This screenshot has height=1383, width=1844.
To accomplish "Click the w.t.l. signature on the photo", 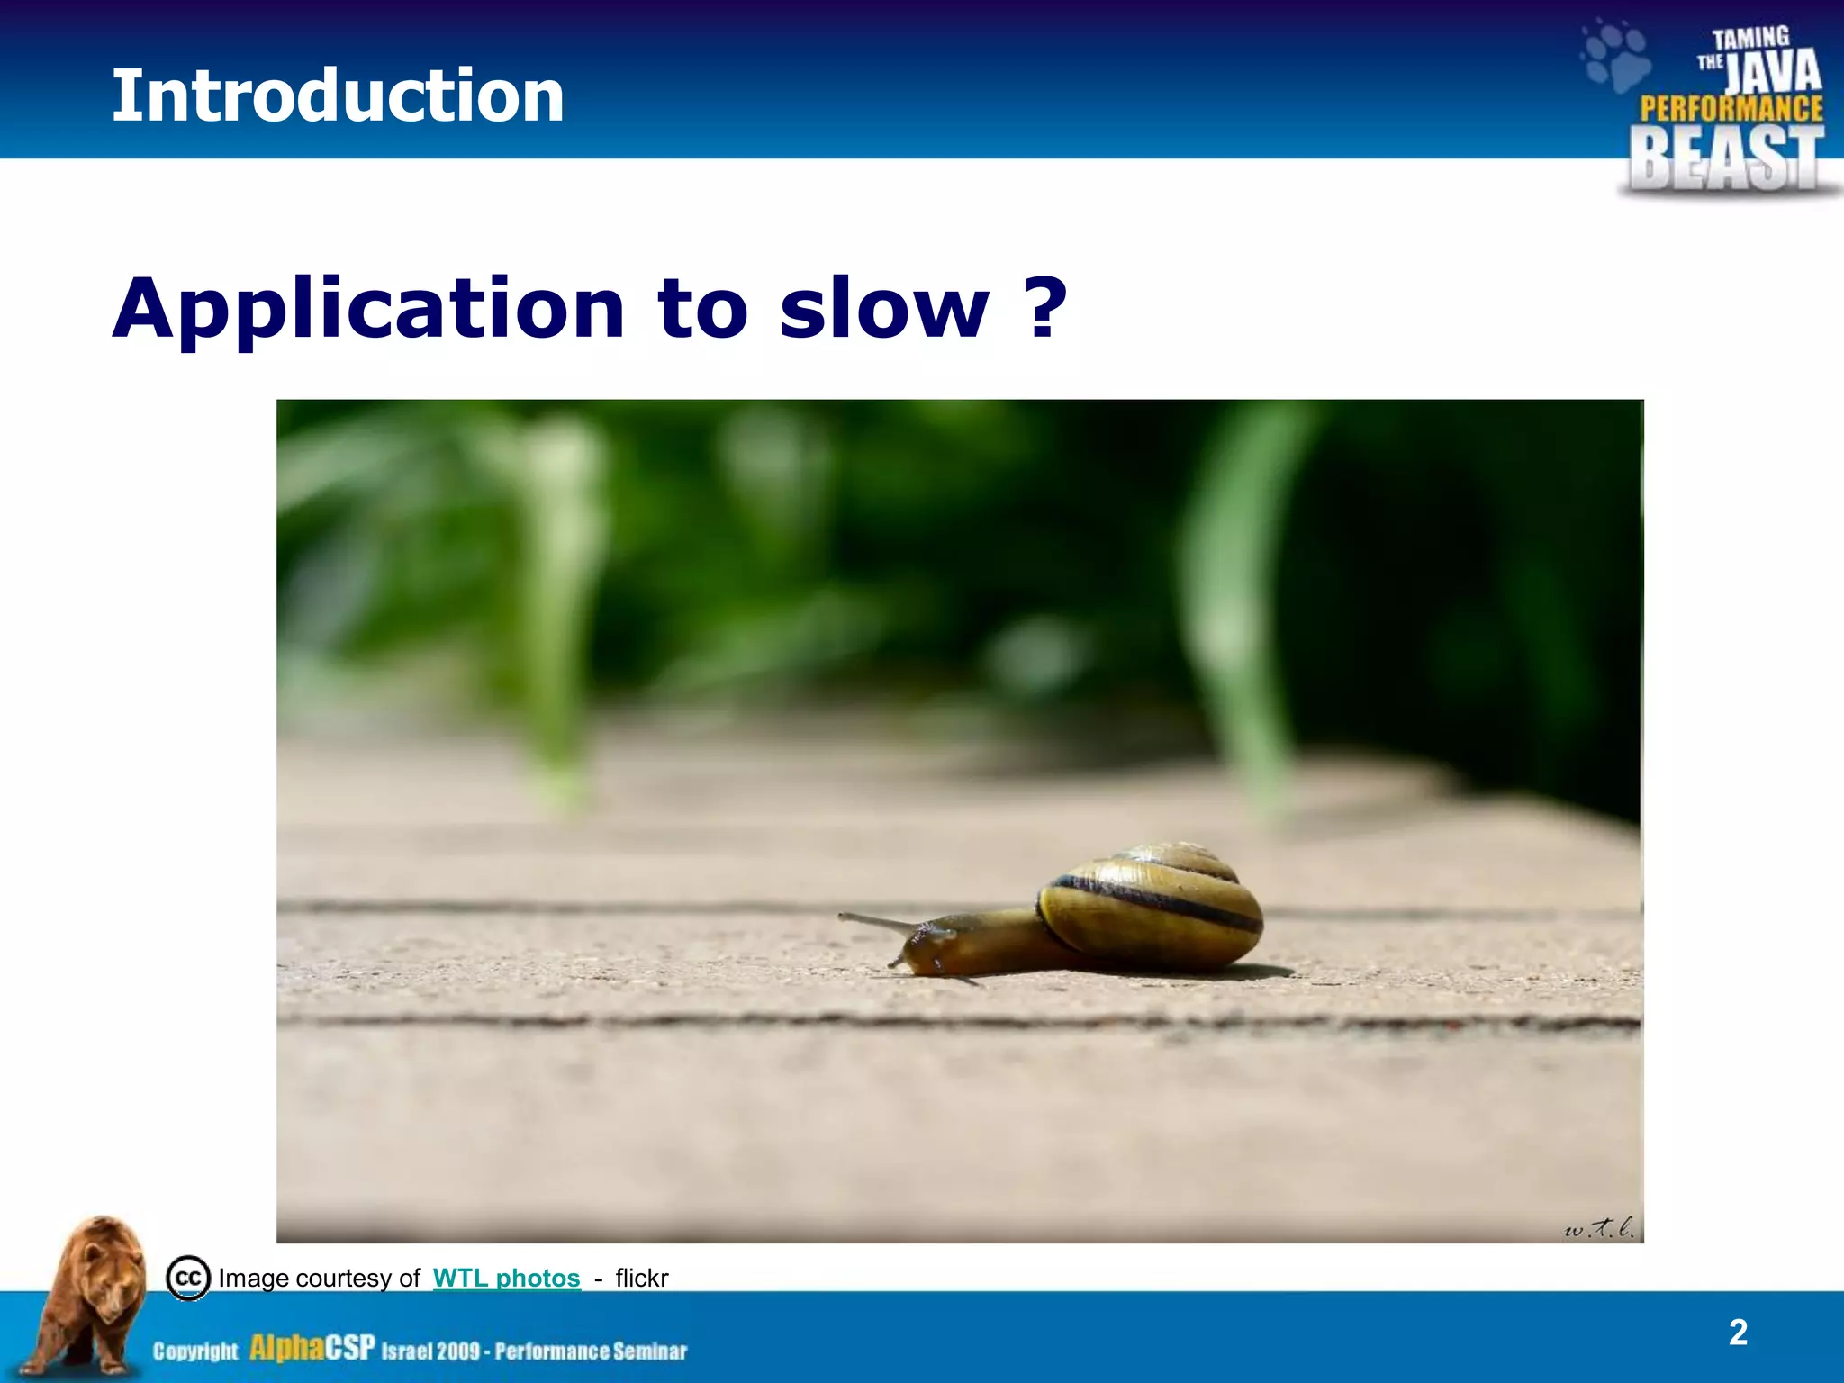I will coord(1599,1226).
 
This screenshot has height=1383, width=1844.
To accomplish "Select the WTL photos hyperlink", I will coord(506,1278).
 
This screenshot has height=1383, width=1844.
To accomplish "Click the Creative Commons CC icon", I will coord(188,1278).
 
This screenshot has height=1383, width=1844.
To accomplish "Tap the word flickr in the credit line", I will coord(641,1278).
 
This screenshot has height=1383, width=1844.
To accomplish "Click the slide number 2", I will coord(1738,1333).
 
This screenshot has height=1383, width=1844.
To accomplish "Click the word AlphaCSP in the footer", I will coord(312,1348).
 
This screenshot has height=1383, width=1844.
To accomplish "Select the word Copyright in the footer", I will coord(195,1351).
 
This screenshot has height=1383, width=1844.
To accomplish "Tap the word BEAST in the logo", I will coord(1726,159).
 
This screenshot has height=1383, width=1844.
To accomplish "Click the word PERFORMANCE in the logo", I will coord(1731,109).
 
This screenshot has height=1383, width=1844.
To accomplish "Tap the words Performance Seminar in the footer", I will coord(591,1351).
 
